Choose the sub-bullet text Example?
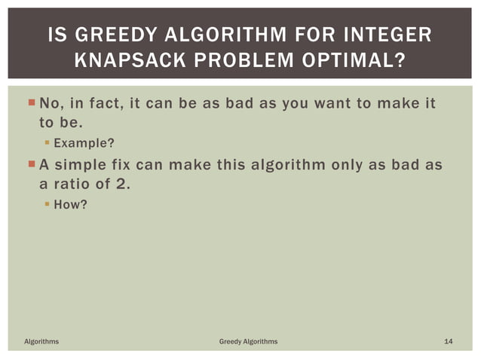[x=84, y=142]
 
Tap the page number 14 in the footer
[x=448, y=342]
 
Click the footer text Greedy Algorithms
[x=248, y=342]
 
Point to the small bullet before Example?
[x=46, y=142]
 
